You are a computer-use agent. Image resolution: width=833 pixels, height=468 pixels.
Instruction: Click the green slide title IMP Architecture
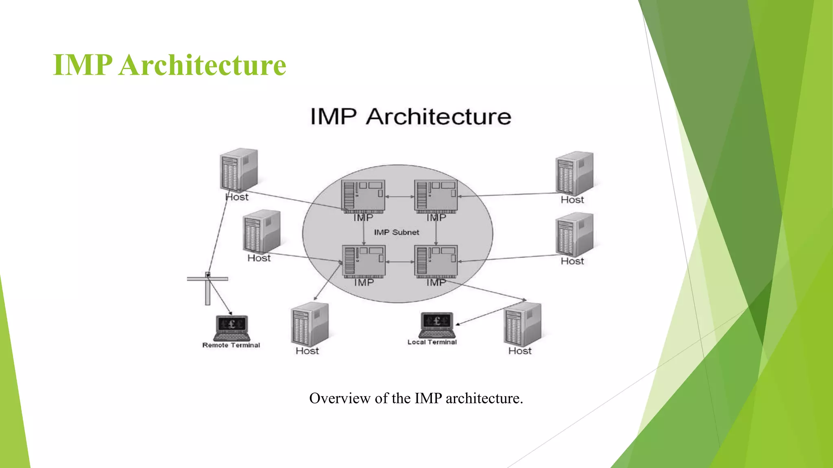(x=170, y=65)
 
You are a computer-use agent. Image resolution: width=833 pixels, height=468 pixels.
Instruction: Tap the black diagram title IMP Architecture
(x=410, y=117)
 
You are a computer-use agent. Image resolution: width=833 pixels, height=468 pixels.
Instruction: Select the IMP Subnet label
(x=397, y=232)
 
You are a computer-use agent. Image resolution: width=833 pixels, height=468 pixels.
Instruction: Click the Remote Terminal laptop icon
(x=231, y=328)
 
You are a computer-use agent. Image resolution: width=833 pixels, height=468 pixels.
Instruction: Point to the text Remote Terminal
(x=231, y=345)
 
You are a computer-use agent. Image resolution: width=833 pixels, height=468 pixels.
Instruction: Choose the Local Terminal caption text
(x=432, y=342)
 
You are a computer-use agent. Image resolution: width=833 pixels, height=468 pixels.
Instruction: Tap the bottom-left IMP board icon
(x=363, y=262)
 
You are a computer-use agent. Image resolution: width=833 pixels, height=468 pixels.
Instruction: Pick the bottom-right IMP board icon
(x=436, y=262)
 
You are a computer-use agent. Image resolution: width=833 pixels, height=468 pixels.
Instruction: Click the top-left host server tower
(x=239, y=170)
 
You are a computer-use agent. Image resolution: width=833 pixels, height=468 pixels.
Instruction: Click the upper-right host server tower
(x=574, y=173)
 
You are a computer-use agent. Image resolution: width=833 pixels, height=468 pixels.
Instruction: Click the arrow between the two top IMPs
(x=399, y=197)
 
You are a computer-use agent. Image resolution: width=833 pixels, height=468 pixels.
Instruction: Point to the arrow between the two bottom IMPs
(x=399, y=262)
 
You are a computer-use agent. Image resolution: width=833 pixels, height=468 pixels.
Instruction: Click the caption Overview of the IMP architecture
(x=416, y=398)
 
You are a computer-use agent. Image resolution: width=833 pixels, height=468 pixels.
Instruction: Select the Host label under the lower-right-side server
(x=572, y=261)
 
